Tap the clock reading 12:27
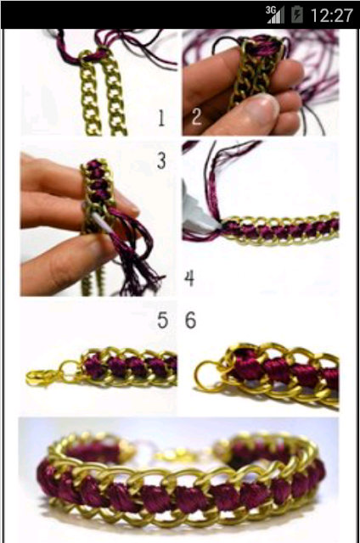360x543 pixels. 331,15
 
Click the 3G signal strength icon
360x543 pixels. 275,15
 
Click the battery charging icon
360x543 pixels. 297,15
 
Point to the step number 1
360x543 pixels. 161,118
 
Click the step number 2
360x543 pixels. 196,117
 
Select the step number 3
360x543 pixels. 161,161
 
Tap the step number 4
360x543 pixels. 189,278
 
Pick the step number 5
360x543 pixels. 162,320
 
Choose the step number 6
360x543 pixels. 190,320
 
